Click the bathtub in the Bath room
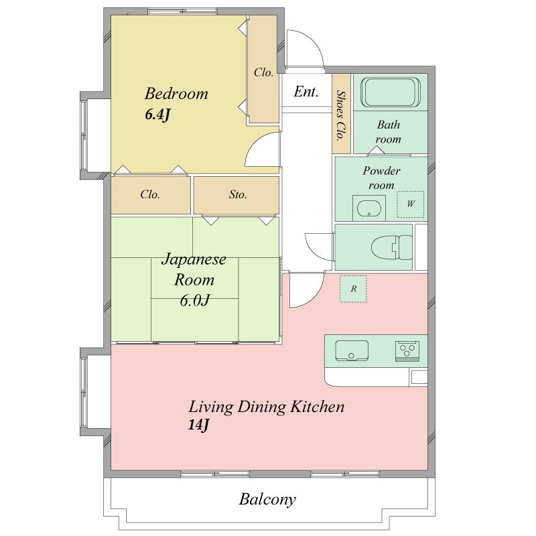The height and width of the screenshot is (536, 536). point(391,92)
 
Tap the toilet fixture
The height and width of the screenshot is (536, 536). point(392,247)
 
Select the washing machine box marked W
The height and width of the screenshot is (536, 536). point(410,204)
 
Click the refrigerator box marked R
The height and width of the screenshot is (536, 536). point(353,289)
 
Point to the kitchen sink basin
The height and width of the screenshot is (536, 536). point(352,350)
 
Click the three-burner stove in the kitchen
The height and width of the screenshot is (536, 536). point(407,350)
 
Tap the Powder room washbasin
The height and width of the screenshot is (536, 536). point(369,208)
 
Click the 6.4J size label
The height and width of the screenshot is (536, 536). point(157,115)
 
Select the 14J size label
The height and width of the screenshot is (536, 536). point(198,425)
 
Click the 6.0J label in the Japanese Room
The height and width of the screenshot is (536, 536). point(194,300)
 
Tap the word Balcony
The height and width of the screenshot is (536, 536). point(267,499)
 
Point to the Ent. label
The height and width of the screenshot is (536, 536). point(306,92)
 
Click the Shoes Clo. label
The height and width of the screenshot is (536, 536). point(341,115)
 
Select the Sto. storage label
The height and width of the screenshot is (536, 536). point(238,194)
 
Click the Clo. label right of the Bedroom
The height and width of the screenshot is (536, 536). point(263,72)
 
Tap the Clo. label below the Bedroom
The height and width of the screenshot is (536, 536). point(150,194)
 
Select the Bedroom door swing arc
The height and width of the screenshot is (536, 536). point(253,145)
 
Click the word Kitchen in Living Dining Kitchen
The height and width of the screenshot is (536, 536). point(317,407)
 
